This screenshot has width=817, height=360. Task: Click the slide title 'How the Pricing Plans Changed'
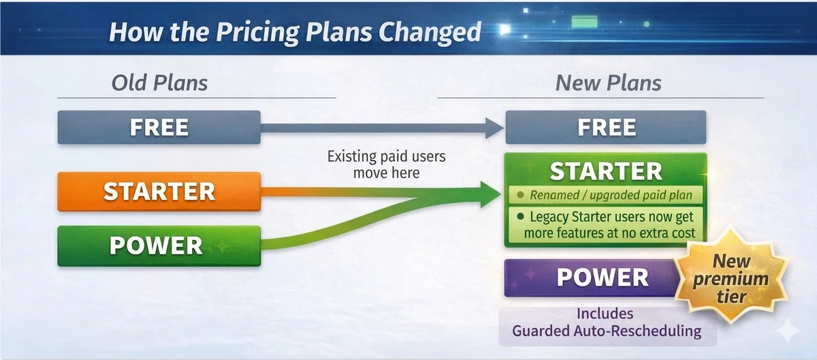295,32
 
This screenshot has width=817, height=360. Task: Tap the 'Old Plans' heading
159,83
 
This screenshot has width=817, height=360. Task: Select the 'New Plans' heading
608,83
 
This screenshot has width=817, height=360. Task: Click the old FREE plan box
159,127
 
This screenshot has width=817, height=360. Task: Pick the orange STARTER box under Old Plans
159,191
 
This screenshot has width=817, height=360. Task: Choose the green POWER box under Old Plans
159,246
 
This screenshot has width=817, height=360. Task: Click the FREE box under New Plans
606,127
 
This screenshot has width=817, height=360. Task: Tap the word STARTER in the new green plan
606,171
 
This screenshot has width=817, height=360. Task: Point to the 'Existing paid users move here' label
386,165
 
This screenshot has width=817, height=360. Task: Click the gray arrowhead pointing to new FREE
494,128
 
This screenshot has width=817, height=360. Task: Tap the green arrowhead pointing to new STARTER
491,195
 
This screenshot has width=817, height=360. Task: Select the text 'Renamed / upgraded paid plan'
611,195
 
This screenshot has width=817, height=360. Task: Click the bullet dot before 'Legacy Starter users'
520,216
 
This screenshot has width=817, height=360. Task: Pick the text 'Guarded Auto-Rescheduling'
607,331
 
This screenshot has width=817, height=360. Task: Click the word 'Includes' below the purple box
605,314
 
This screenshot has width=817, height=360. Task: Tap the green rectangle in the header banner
584,22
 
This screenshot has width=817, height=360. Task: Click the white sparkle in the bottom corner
788,331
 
